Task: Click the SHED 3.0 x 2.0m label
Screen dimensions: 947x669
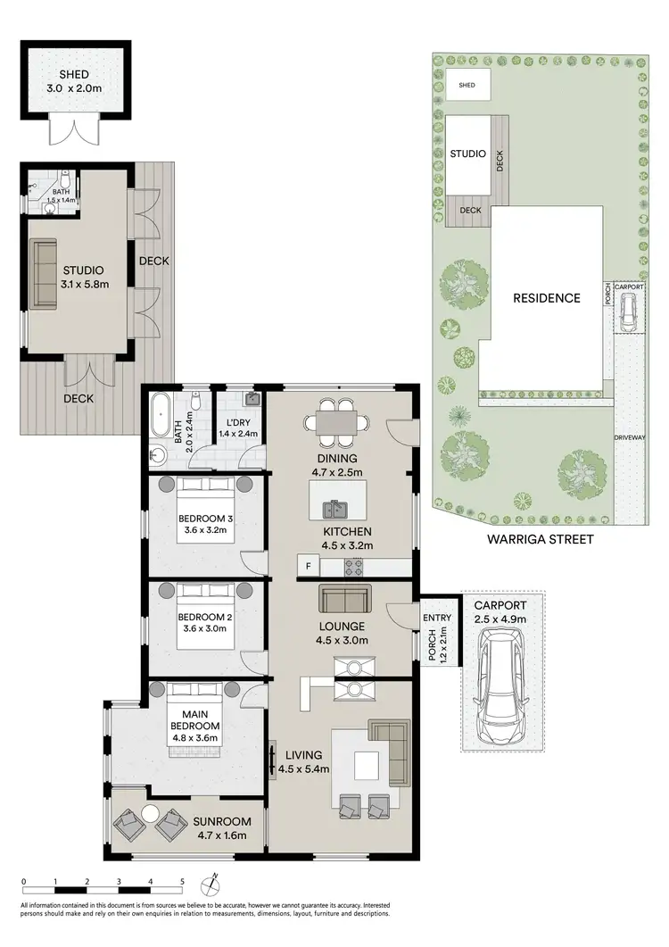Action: [x=75, y=81]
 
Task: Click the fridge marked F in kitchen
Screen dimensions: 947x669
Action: [x=308, y=566]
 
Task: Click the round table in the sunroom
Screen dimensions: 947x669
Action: [x=149, y=813]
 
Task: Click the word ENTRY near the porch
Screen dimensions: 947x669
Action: [x=438, y=618]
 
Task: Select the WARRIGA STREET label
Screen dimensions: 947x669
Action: [x=541, y=539]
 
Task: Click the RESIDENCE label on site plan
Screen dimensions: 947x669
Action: [x=546, y=298]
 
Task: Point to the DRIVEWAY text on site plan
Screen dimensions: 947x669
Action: [x=630, y=437]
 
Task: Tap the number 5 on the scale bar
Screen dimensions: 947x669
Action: [x=182, y=880]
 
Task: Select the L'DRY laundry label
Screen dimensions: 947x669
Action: [x=237, y=422]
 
